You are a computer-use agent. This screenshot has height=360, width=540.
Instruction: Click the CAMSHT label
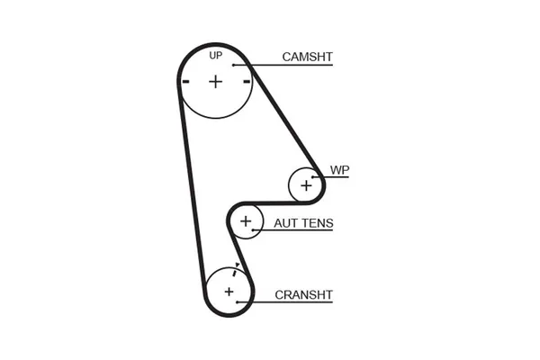[x=307, y=57]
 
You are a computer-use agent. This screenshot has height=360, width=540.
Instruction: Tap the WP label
[x=338, y=169]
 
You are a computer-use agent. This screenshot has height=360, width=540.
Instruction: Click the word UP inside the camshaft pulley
[x=215, y=57]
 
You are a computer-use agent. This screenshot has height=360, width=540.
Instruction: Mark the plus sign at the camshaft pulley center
[x=215, y=82]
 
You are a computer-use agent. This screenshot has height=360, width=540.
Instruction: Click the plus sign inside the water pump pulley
[x=306, y=185]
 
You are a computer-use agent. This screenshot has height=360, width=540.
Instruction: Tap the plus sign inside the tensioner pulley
[x=245, y=220]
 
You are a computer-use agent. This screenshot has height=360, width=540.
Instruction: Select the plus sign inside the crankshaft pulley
[x=229, y=292]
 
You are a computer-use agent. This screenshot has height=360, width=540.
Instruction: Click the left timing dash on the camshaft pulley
[x=185, y=82]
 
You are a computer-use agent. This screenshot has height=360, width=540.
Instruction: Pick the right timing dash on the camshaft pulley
[x=245, y=82]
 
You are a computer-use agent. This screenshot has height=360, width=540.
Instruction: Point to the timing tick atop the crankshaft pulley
[x=236, y=267]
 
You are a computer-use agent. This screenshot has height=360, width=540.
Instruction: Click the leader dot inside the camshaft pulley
[x=233, y=65]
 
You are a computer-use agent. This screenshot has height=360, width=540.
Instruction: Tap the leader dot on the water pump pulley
[x=315, y=177]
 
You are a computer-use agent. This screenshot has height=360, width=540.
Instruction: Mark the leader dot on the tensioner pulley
[x=255, y=230]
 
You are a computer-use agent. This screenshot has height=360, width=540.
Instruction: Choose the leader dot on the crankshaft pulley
[x=238, y=302]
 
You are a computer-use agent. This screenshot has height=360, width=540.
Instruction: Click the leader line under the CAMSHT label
[x=288, y=65]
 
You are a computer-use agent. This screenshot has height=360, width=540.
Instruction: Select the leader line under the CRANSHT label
[x=288, y=302]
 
